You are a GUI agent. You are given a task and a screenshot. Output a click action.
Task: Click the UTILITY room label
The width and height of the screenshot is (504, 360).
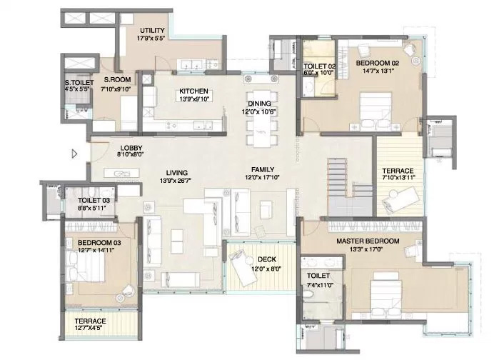click(x=152, y=31)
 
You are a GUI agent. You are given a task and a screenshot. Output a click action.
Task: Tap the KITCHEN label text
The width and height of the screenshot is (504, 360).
click(x=193, y=91)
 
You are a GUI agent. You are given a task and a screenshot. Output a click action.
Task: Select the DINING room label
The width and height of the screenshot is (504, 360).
click(x=259, y=104)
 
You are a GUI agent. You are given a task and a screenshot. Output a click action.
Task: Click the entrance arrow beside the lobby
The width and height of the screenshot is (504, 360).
click(x=74, y=154)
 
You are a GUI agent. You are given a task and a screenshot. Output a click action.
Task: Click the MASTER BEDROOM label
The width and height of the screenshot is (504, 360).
click(x=368, y=241)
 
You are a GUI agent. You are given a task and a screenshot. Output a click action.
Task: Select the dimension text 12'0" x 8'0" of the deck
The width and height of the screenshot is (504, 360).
click(x=266, y=269)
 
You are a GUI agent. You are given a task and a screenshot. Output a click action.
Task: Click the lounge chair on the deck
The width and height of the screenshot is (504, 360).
click(x=243, y=263)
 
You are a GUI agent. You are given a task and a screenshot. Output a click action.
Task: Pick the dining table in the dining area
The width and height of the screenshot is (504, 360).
click(x=263, y=119)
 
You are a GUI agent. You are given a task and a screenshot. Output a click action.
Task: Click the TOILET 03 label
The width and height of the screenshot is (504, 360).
click(x=94, y=201)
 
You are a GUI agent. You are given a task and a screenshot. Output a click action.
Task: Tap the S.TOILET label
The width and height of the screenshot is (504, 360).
click(x=79, y=83)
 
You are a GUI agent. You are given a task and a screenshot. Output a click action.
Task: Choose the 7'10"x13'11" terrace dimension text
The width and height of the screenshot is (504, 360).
click(x=398, y=177)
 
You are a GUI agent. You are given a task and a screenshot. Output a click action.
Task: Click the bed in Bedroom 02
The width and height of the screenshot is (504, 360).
click(x=376, y=111)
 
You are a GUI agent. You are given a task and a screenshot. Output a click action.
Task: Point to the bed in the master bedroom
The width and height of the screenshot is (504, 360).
click(x=386, y=295)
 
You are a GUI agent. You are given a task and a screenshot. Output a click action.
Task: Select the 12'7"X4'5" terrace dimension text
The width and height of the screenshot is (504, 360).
click(x=91, y=328)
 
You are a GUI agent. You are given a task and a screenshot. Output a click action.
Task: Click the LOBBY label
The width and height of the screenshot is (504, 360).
click(x=131, y=148)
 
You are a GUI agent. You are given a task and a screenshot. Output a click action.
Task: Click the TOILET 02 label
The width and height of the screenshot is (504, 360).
click(x=320, y=66)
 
